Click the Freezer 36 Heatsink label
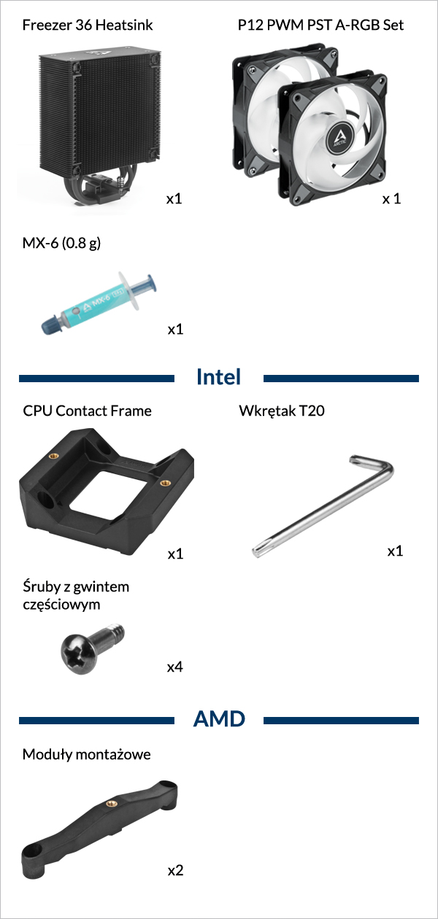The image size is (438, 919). pyautogui.click(x=88, y=26)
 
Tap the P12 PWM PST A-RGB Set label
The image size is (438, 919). pyautogui.click(x=320, y=26)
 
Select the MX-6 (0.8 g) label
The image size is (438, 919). pyautogui.click(x=61, y=244)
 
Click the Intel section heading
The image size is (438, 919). pyautogui.click(x=218, y=377)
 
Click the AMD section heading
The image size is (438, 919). pyautogui.click(x=219, y=719)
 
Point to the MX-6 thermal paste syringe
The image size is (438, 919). pyautogui.click(x=99, y=303)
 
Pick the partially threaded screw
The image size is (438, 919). pyautogui.click(x=93, y=648)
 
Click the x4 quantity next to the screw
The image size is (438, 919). pyautogui.click(x=175, y=667)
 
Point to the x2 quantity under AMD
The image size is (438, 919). pyautogui.click(x=175, y=870)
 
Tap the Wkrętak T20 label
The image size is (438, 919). pyautogui.click(x=282, y=411)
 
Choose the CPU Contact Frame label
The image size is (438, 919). pyautogui.click(x=87, y=411)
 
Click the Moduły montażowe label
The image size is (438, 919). pyautogui.click(x=87, y=754)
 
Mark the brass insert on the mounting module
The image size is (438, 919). pyautogui.click(x=111, y=803)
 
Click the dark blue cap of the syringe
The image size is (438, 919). pyautogui.click(x=50, y=324)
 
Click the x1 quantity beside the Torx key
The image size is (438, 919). pyautogui.click(x=395, y=551)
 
